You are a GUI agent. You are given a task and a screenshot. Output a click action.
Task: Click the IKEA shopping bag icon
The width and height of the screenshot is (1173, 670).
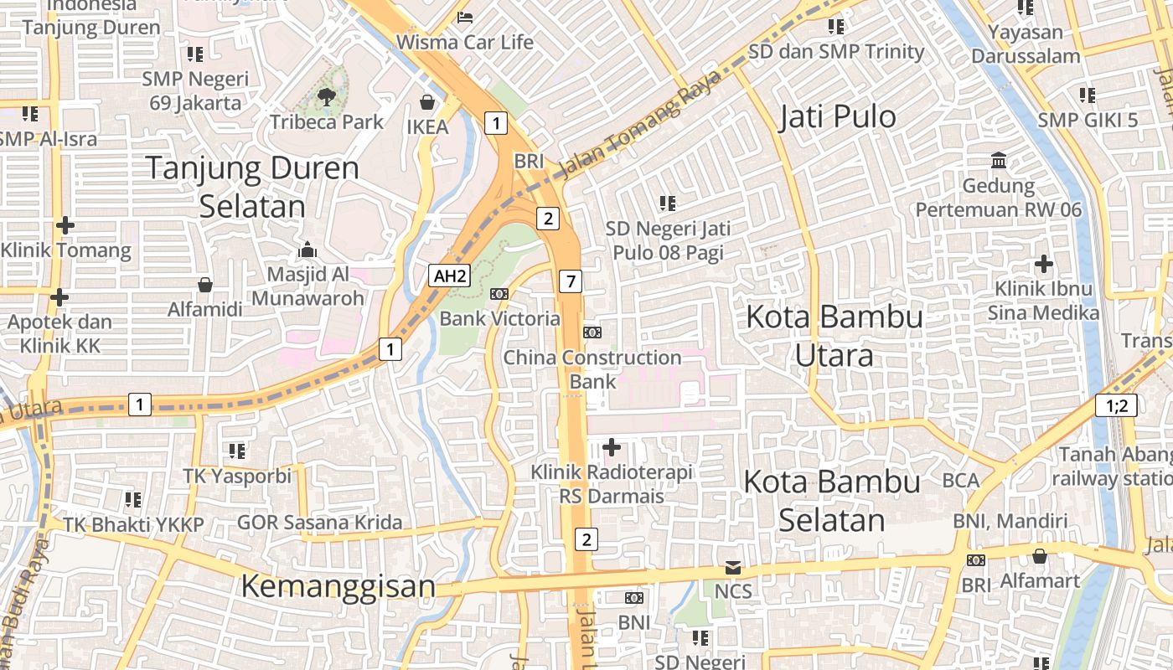click(427, 102)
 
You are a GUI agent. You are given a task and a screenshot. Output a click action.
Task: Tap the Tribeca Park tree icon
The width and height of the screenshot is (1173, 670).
click(327, 97)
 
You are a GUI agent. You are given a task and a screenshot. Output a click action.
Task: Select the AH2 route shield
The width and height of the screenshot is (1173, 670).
click(448, 276)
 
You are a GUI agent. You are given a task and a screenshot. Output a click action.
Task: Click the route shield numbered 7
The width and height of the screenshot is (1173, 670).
click(571, 281)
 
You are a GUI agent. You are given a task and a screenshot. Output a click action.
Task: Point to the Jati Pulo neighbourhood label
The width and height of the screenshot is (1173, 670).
click(837, 116)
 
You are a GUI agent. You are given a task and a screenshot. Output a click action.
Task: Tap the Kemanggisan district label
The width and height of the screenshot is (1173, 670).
click(338, 586)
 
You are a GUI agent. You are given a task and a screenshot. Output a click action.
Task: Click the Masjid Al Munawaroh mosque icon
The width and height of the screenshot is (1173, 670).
click(307, 250)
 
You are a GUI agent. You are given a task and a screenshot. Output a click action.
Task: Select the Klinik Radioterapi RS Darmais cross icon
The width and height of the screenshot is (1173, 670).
click(612, 447)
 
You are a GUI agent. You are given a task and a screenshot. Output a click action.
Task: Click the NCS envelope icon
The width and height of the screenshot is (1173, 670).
click(733, 568)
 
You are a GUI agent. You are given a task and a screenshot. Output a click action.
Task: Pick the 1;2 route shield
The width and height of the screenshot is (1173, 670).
click(1117, 406)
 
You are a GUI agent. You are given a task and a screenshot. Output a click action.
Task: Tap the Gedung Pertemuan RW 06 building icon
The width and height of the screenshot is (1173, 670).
click(999, 160)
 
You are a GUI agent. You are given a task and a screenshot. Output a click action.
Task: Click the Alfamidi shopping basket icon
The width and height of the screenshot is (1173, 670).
click(204, 285)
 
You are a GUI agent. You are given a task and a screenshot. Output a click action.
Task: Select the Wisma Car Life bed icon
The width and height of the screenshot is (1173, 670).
click(465, 17)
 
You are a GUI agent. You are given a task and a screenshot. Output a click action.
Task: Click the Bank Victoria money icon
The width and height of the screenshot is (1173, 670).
click(499, 294)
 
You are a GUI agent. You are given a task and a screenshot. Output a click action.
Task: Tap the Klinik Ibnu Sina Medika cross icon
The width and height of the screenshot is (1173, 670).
click(1043, 265)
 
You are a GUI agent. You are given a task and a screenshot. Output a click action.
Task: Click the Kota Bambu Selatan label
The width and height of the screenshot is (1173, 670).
click(832, 501)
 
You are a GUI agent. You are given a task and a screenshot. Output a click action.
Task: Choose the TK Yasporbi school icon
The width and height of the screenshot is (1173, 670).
click(237, 451)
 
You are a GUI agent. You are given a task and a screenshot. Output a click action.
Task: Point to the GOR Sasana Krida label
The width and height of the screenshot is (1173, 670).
click(319, 523)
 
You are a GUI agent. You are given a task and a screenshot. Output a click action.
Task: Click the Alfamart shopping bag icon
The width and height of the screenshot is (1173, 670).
click(1039, 556)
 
